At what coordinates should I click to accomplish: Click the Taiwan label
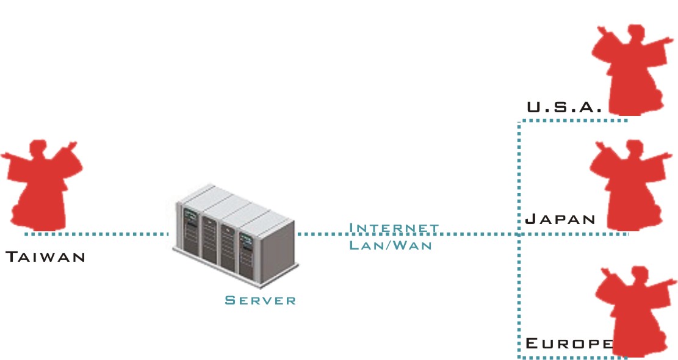pyautogui.click(x=45, y=257)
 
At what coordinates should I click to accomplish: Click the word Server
pyautogui.click(x=260, y=300)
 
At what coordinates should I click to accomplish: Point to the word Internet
pyautogui.click(x=394, y=228)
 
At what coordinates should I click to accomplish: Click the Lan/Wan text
pyautogui.click(x=391, y=245)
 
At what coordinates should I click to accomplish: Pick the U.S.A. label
pyautogui.click(x=564, y=108)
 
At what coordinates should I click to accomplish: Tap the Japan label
pyautogui.click(x=560, y=219)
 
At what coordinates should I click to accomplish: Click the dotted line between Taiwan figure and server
pyautogui.click(x=98, y=234)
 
